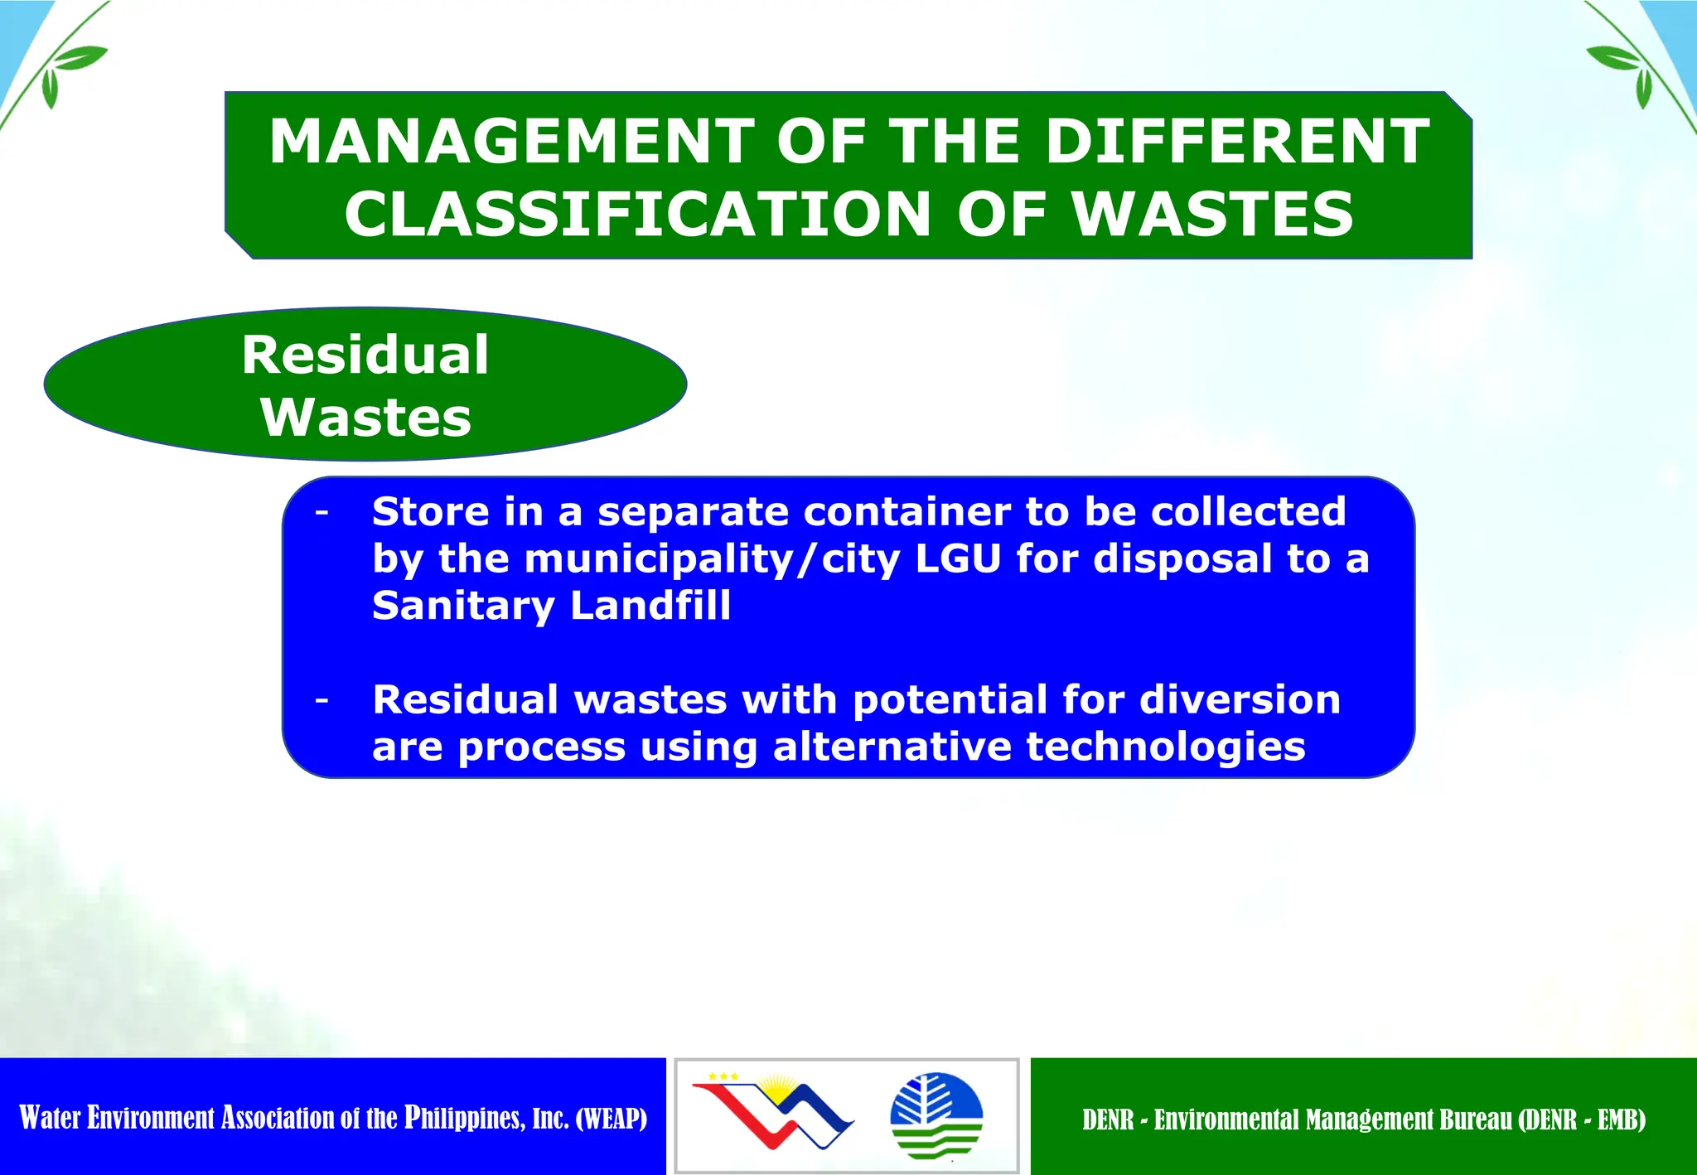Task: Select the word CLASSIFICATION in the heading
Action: point(638,214)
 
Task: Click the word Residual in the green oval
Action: point(365,355)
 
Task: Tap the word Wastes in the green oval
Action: point(365,417)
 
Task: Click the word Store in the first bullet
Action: point(430,511)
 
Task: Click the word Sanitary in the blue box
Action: point(463,606)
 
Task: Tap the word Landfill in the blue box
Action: point(650,606)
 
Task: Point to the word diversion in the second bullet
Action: point(1240,699)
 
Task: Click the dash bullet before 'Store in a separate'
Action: point(322,513)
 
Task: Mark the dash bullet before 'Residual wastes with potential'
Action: point(322,701)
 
